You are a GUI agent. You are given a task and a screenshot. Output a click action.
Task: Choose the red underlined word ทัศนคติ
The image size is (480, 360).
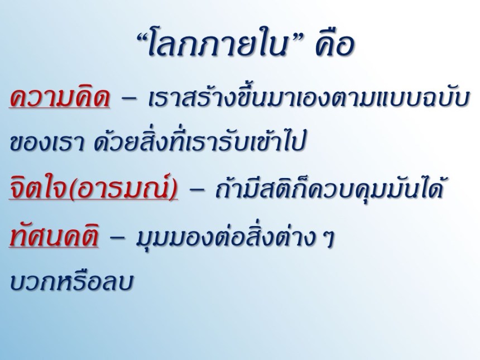coord(54,236)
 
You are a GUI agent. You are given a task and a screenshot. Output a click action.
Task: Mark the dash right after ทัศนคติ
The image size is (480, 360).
coord(117,239)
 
